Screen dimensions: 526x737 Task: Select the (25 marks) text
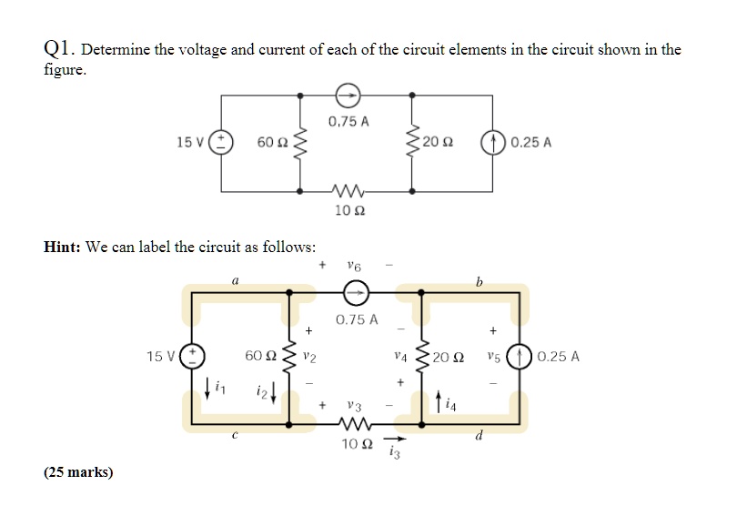77,472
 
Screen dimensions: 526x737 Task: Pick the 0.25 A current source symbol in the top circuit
493,143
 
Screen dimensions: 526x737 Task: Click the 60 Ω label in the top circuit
272,143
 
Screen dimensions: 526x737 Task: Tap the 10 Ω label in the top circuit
349,210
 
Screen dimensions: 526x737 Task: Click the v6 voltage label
354,266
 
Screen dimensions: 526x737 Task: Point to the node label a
236,283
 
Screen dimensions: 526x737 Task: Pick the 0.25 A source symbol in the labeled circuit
523,356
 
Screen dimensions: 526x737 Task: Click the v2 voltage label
308,356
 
